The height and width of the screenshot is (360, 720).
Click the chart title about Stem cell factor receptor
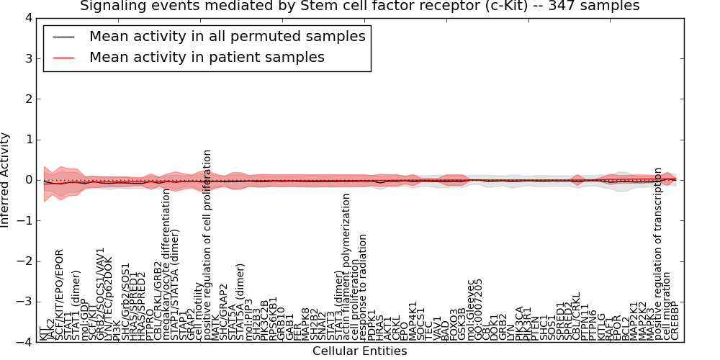click(359, 6)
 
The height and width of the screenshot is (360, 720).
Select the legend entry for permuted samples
click(228, 36)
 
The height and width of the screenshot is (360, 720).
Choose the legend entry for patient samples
click(207, 57)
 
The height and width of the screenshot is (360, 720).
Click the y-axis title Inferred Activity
click(6, 180)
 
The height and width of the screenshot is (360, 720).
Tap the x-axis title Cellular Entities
click(359, 351)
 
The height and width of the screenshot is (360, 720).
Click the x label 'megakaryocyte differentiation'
click(166, 264)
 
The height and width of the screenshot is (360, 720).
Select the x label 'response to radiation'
click(364, 287)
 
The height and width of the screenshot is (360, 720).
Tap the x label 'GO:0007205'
click(480, 309)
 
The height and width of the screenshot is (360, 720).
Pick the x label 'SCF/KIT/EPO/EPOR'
click(60, 294)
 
